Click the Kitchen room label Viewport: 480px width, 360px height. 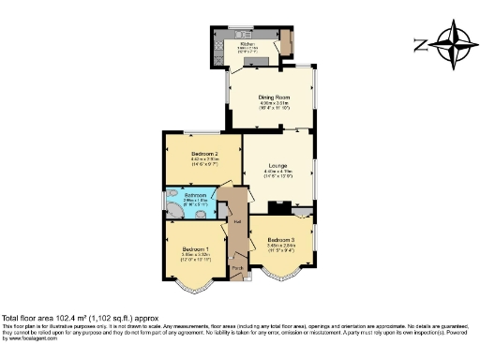coord(247,43)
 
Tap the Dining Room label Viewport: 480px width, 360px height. coord(273,97)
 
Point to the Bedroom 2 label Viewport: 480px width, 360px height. coord(204,153)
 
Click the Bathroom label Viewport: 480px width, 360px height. coord(196,195)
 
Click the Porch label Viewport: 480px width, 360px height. coord(237,268)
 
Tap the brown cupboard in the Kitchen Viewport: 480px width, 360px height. coord(286,41)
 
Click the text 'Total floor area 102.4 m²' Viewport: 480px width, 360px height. coord(56,317)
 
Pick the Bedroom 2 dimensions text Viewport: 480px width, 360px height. coord(204,161)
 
